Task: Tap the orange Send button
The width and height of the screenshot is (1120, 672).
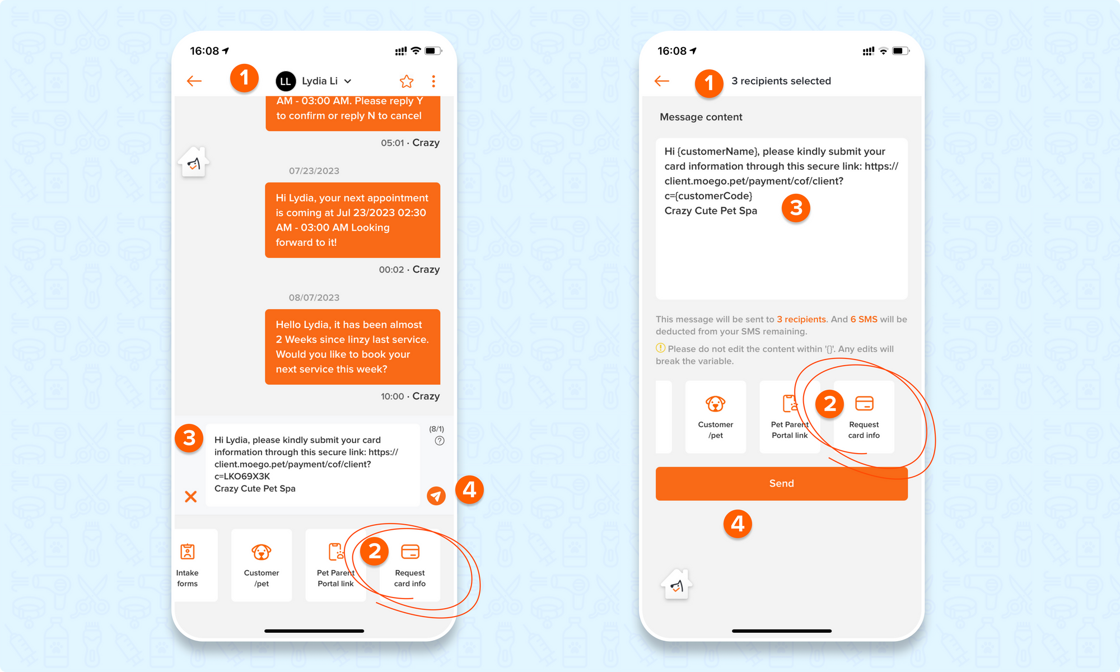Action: point(781,483)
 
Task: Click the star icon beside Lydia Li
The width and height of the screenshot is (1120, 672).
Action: point(407,81)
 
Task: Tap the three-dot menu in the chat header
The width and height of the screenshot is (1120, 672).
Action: point(433,81)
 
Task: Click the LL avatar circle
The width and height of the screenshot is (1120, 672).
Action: point(286,81)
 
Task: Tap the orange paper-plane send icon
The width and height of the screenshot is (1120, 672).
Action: point(436,496)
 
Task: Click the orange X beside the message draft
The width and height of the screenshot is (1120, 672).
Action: point(190,496)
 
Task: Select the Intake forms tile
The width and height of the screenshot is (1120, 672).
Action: point(188,565)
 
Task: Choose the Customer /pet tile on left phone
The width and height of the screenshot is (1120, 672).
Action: point(262,565)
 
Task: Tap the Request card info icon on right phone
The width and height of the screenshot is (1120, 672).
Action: point(864,403)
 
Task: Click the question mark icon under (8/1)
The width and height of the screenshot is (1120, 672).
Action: point(440,441)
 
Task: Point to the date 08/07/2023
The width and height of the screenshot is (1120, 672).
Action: point(314,297)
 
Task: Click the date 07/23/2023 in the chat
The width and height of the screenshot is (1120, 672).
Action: point(314,171)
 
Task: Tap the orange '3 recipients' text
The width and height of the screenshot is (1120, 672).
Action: point(801,319)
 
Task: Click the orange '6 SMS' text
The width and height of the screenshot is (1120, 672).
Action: point(864,319)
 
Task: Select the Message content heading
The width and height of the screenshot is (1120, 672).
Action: point(701,117)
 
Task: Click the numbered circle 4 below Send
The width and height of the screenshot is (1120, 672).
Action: point(738,524)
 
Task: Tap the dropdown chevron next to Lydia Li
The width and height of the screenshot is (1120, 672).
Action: point(348,81)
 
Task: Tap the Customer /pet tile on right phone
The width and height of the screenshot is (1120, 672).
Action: point(716,417)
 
